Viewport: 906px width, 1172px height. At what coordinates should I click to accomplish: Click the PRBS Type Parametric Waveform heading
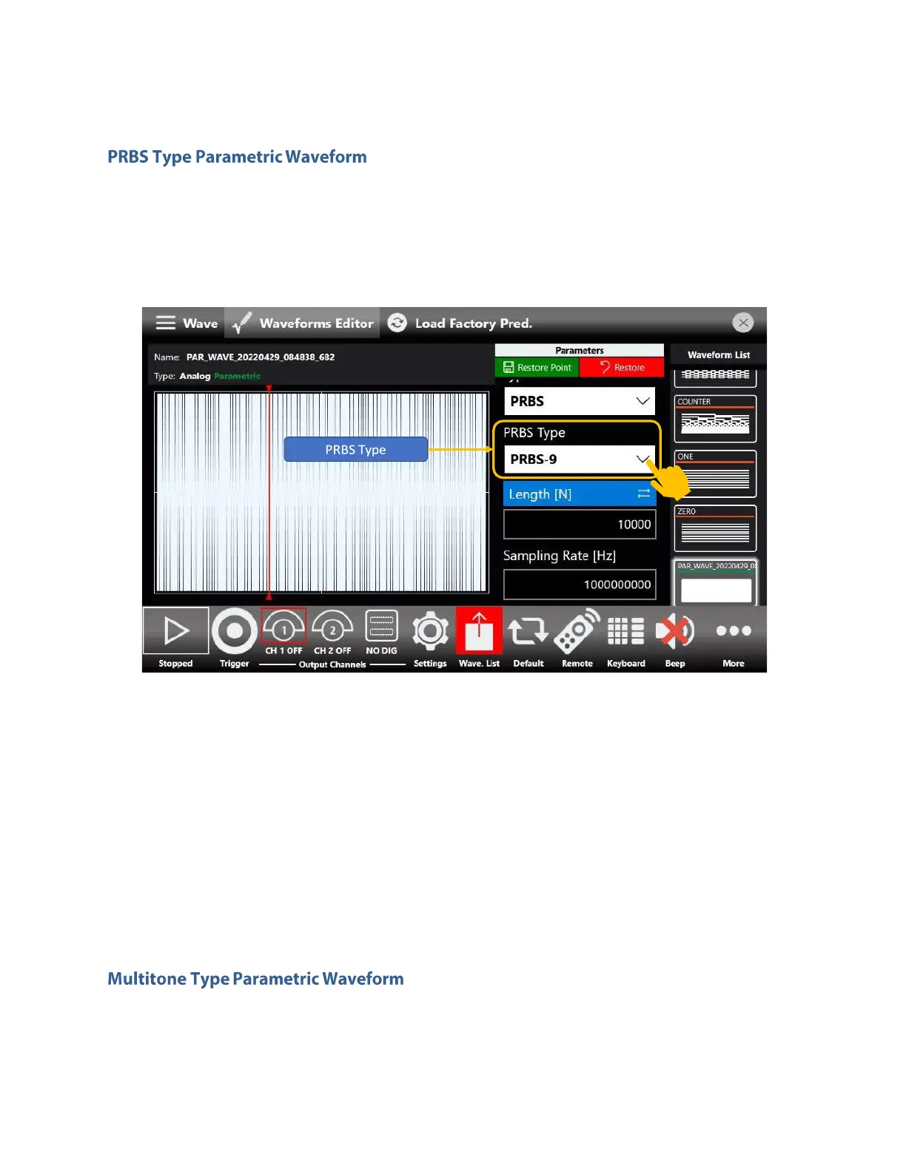(x=237, y=157)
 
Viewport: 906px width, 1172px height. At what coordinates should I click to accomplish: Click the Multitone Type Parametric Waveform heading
(x=255, y=979)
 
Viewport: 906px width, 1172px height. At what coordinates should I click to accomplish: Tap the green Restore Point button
(x=537, y=367)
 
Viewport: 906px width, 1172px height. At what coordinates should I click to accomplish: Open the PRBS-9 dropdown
(x=579, y=459)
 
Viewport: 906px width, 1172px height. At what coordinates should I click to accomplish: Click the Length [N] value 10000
(x=580, y=525)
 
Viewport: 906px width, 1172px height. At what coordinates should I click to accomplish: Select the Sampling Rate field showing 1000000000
(x=580, y=585)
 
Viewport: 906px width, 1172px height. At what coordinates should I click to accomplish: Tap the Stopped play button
(x=176, y=631)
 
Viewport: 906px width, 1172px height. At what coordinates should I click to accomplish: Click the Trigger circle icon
(x=234, y=631)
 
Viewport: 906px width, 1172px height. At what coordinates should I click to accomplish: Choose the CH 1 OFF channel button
(x=283, y=631)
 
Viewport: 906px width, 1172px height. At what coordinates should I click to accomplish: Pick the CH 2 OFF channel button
(x=332, y=631)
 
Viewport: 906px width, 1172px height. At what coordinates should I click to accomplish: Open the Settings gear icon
(x=430, y=631)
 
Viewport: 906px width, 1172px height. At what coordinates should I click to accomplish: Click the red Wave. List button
(x=479, y=631)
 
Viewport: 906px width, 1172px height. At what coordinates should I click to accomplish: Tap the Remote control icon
(x=577, y=631)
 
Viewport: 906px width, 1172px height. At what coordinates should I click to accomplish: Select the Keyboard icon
(x=625, y=631)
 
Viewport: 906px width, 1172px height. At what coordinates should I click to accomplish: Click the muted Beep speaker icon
(x=674, y=631)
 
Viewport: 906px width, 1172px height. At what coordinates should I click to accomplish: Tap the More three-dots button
(x=734, y=631)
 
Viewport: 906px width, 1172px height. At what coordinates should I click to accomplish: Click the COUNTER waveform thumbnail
(x=715, y=419)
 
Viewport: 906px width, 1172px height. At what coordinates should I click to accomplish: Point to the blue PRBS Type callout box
(x=356, y=449)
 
